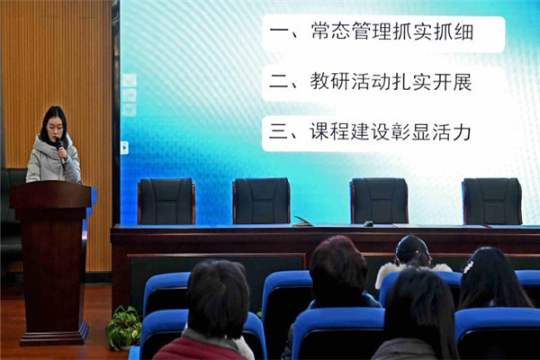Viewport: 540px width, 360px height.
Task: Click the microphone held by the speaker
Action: pyautogui.click(x=60, y=150)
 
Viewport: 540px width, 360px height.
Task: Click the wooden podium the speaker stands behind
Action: pyautogui.click(x=51, y=262)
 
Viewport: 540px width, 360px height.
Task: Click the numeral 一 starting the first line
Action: pyautogui.click(x=279, y=32)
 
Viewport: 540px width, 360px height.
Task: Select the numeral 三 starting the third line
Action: pyautogui.click(x=278, y=132)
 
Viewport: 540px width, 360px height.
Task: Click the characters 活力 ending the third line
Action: pyautogui.click(x=452, y=132)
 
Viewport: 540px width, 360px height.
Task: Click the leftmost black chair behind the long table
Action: pyautogui.click(x=166, y=202)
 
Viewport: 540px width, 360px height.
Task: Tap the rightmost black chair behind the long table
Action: pyautogui.click(x=492, y=202)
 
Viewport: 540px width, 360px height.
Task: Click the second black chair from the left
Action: pyautogui.click(x=261, y=201)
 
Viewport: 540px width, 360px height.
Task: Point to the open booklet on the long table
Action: pyautogui.click(x=303, y=222)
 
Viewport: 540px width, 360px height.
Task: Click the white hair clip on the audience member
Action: pyautogui.click(x=468, y=266)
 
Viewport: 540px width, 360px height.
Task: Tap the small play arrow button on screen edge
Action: pyautogui.click(x=124, y=148)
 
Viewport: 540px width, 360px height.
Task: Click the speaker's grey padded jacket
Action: pyautogui.click(x=52, y=162)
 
